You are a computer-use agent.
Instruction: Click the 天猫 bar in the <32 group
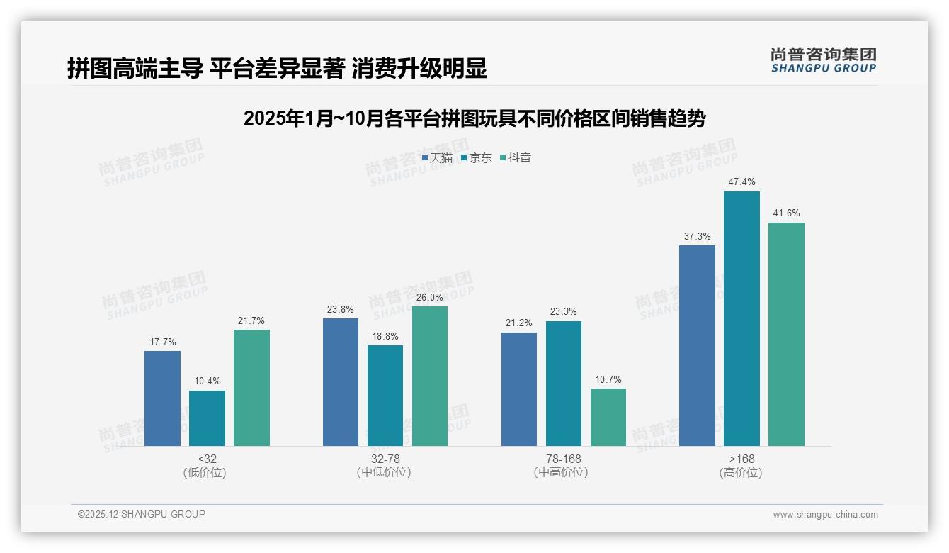coord(162,398)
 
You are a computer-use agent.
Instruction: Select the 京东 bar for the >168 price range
coord(741,318)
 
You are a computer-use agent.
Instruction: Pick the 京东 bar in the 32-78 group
coord(385,396)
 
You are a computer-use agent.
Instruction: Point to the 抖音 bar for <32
coord(251,388)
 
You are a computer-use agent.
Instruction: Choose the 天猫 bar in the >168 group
coord(697,345)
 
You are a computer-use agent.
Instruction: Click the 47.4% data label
coord(741,182)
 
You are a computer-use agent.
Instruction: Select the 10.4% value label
coord(207,381)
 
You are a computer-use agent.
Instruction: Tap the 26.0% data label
coord(430,298)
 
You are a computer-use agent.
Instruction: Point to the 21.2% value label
coord(518,323)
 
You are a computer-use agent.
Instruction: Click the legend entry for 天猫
coord(437,158)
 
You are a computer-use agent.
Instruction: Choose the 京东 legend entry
coord(477,158)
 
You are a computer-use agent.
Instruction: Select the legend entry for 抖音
coord(516,158)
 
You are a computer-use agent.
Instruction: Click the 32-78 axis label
coord(385,459)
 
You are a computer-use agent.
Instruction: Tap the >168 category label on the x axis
coord(741,459)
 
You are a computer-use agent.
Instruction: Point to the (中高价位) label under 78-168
coord(562,472)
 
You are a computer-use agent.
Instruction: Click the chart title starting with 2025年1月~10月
coord(474,118)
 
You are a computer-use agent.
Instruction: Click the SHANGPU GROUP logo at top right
coord(823,60)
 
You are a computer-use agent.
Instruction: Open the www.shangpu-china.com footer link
coord(825,515)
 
